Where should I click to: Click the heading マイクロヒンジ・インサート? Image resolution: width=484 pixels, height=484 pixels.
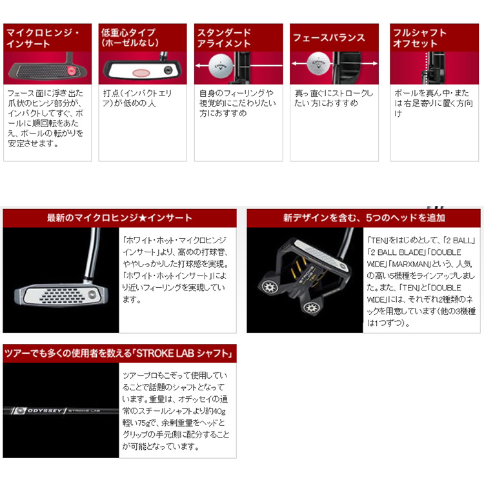coord(43,38)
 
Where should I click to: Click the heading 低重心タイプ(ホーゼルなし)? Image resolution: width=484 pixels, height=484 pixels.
coord(130,37)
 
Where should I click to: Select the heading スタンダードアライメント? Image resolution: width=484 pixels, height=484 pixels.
coord(224,38)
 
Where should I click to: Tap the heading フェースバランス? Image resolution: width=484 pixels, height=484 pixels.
coord(328,37)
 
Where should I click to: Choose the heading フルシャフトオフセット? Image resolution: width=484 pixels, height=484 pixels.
coord(419,38)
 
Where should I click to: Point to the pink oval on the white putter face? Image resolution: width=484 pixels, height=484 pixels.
coord(141,73)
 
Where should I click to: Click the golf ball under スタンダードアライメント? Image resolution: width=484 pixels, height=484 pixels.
coord(221,66)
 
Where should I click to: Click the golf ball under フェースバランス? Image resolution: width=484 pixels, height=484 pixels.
coord(319,63)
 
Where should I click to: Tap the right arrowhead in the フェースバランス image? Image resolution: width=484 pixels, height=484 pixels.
coord(375,63)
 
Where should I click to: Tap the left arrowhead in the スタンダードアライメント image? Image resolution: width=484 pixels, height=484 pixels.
coord(198,65)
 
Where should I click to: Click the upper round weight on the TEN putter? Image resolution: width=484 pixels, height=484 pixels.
coord(270,287)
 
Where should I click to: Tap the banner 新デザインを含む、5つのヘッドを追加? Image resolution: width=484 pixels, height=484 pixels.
coord(363,218)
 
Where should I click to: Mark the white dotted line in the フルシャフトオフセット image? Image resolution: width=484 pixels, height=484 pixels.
coord(427,68)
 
